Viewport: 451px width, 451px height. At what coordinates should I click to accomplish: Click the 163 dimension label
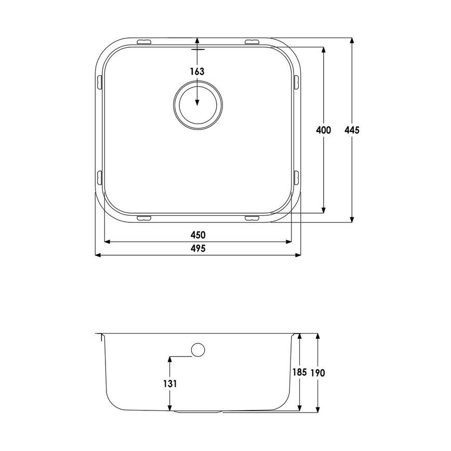(197, 71)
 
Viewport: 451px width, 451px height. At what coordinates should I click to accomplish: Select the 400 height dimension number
(323, 130)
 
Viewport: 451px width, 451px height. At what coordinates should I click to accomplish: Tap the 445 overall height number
(352, 130)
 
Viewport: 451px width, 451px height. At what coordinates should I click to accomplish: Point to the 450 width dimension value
(198, 234)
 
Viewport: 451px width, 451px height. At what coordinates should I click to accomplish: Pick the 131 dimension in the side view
(170, 383)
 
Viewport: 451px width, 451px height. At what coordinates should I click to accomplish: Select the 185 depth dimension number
(299, 373)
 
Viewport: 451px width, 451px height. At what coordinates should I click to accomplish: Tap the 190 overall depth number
(318, 373)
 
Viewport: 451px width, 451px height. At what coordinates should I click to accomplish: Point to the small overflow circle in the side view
(198, 350)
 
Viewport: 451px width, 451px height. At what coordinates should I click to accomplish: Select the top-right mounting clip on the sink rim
(252, 41)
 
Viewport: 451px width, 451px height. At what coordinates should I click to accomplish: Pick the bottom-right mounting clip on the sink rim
(252, 218)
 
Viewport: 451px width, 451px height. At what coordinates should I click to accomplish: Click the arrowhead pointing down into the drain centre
(197, 102)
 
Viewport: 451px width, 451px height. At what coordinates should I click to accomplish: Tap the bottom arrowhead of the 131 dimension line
(170, 408)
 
